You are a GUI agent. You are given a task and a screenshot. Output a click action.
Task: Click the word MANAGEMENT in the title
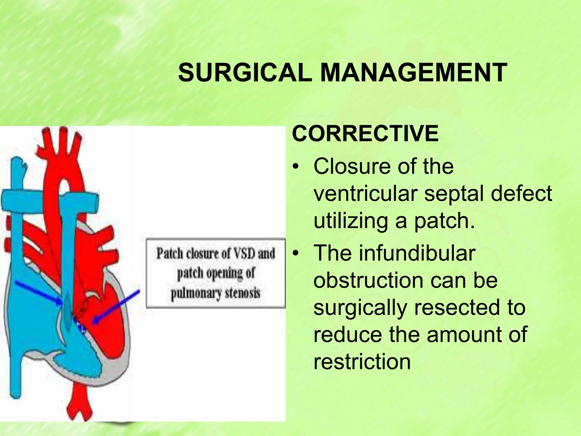click(x=413, y=73)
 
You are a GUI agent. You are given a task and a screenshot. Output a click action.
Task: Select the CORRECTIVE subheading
click(x=365, y=133)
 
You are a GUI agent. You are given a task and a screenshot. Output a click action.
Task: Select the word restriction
click(x=362, y=362)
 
